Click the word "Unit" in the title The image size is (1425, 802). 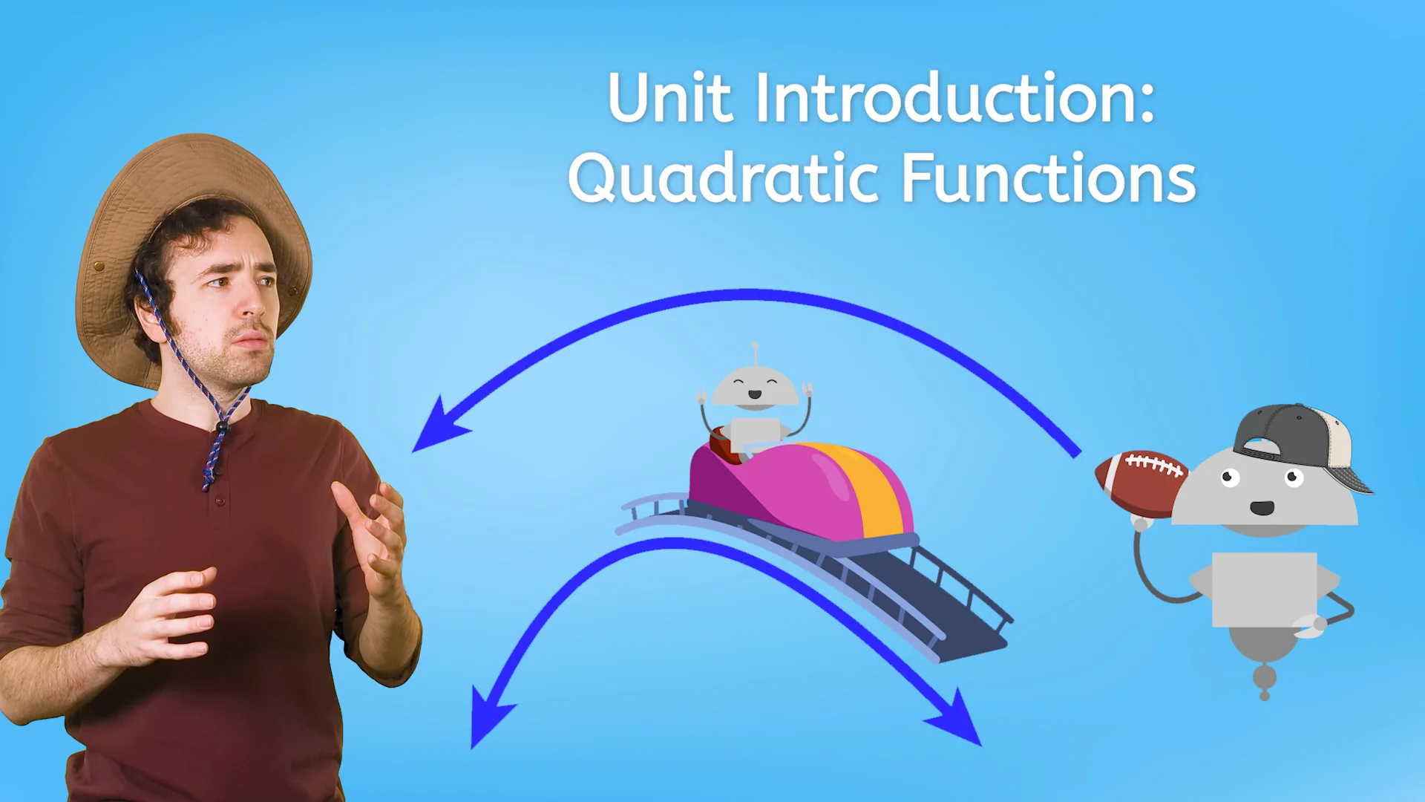(670, 98)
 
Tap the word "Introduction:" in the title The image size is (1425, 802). (955, 98)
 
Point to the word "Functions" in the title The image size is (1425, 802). (1048, 178)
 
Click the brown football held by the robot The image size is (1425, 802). (1139, 483)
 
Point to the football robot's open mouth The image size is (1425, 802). (1262, 509)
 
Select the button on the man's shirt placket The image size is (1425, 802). (220, 502)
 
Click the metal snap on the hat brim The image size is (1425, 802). (99, 265)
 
